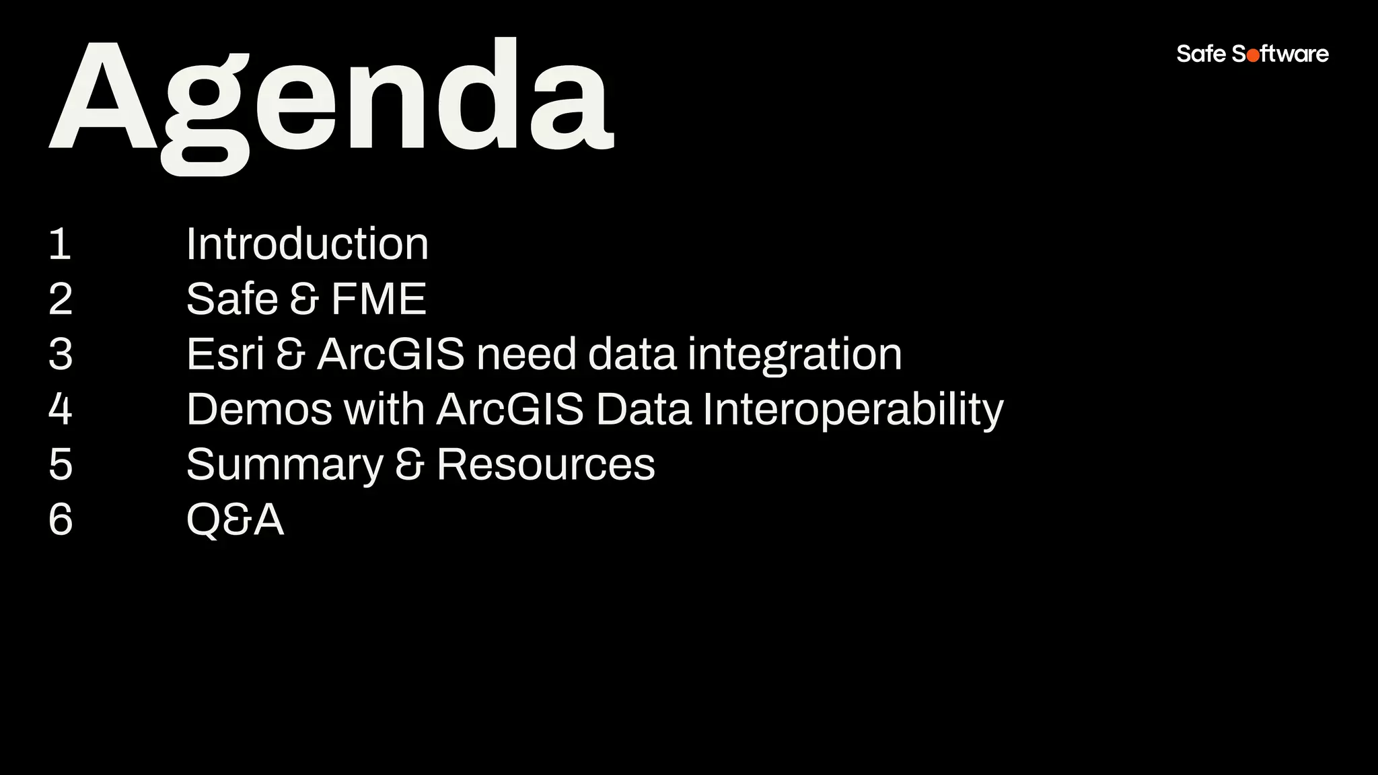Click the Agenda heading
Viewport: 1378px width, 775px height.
click(331, 101)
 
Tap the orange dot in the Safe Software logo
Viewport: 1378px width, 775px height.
click(1253, 57)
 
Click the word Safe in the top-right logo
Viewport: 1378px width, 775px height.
click(1201, 54)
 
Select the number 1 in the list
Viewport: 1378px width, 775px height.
click(60, 244)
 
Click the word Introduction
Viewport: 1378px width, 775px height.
click(307, 244)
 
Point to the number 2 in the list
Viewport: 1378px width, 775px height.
click(60, 299)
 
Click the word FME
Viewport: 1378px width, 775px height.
click(379, 299)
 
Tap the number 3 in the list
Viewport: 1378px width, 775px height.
click(60, 355)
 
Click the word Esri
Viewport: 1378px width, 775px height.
click(225, 355)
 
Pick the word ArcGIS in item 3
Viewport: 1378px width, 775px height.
click(390, 355)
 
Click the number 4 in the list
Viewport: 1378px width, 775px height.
click(60, 410)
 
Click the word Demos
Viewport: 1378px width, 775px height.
click(259, 410)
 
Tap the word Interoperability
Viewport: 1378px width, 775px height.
click(853, 410)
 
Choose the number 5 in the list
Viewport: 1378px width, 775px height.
click(60, 465)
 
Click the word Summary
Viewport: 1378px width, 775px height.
click(284, 465)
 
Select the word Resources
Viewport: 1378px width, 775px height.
click(545, 465)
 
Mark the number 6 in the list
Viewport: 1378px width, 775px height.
click(60, 520)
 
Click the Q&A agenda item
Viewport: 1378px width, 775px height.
click(235, 520)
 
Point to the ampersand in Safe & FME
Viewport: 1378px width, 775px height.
click(304, 299)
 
